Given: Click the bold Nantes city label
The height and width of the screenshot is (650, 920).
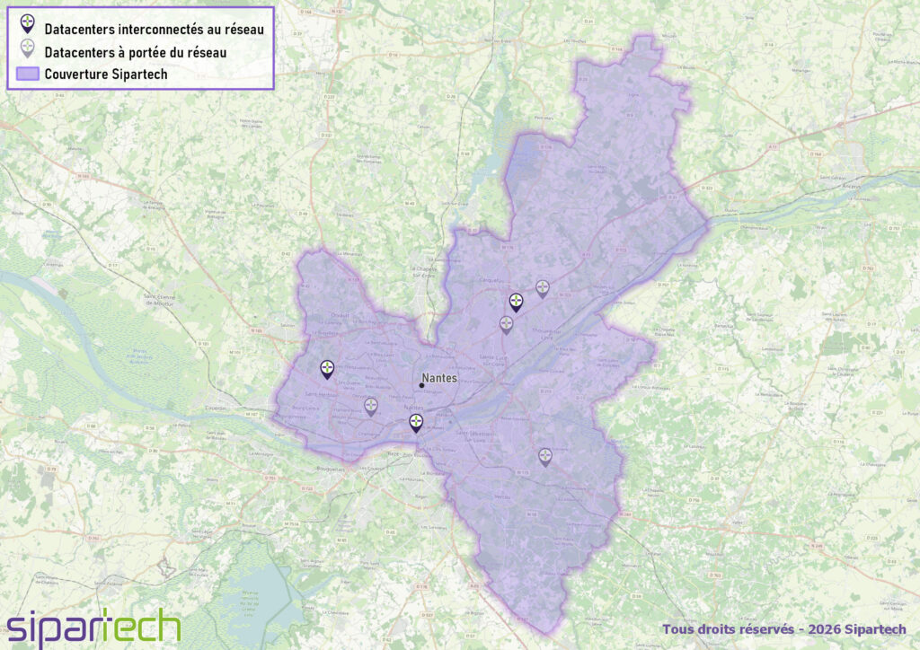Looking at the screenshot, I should pyautogui.click(x=439, y=379).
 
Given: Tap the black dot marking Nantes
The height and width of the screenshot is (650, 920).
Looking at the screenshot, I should pyautogui.click(x=421, y=386).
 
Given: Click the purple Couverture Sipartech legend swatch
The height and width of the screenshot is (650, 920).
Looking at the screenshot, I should pyautogui.click(x=28, y=74).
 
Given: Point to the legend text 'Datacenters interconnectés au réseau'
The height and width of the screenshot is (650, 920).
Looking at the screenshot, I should pyautogui.click(x=154, y=30).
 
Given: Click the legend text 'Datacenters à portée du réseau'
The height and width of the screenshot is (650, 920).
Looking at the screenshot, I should pyautogui.click(x=135, y=52).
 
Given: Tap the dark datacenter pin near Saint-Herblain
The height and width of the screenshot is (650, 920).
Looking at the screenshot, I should pyautogui.click(x=327, y=368).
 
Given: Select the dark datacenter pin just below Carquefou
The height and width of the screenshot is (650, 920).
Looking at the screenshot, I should pyautogui.click(x=516, y=302).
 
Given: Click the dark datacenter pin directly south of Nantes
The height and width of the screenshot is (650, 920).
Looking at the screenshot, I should pyautogui.click(x=416, y=422).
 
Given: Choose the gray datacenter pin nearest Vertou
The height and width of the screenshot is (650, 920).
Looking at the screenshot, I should pyautogui.click(x=545, y=456).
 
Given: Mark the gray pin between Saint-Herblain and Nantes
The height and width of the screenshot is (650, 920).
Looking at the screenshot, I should pyautogui.click(x=371, y=407).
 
